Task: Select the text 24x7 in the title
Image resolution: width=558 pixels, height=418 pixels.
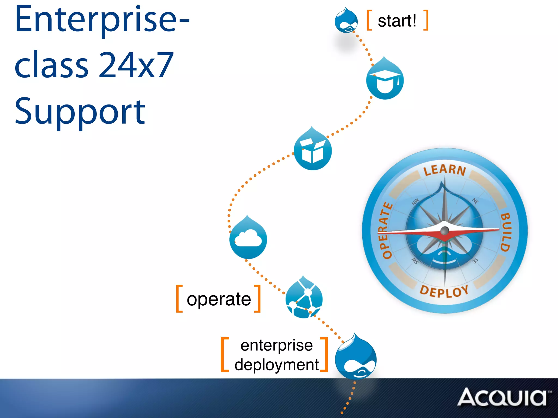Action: pos(136,65)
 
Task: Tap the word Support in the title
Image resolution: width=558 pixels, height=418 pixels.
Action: pos(80,112)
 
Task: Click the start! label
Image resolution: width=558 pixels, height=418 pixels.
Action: pos(397,21)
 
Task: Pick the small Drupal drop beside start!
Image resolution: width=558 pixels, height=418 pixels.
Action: pos(346,21)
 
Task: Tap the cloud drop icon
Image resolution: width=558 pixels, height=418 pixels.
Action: pos(248,238)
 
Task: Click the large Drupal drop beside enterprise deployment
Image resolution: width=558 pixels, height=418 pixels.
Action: pos(356,358)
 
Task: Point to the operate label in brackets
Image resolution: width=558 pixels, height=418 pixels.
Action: pos(219,299)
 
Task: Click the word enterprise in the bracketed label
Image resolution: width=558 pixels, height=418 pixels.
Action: pos(277,345)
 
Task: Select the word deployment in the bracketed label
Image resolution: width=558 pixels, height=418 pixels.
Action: pos(277,365)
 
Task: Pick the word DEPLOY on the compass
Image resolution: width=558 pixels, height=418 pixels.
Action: pos(444,291)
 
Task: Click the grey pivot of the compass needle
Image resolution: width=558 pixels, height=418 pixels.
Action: pos(445,231)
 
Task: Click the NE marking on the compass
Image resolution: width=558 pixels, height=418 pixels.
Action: pos(475,201)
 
